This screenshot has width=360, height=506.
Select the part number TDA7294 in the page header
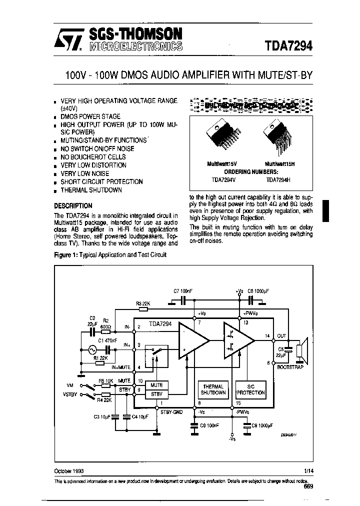pyautogui.click(x=288, y=45)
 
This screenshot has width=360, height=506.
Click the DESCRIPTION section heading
pyautogui.click(x=73, y=205)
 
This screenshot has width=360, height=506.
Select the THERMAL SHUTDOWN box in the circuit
pyautogui.click(x=213, y=389)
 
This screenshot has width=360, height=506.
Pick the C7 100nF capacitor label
pyautogui.click(x=182, y=290)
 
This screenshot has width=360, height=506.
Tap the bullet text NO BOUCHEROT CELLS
pyautogui.click(x=93, y=157)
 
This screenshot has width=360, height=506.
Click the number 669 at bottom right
pyautogui.click(x=307, y=487)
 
